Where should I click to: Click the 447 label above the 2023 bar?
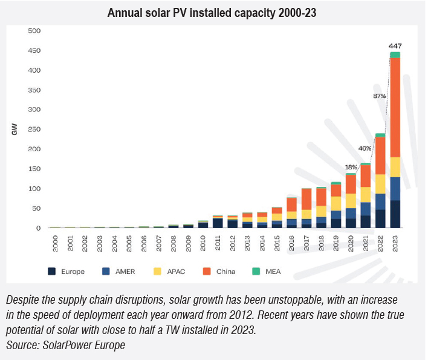coord(395,46)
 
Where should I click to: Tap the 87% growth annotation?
coord(380,96)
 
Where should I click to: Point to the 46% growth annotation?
coord(365,148)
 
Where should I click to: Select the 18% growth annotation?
coord(351,166)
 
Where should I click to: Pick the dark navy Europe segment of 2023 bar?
coord(395,214)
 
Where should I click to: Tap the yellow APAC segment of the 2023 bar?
coord(395,167)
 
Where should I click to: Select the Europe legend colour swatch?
coord(53,271)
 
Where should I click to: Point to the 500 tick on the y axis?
coord(34,31)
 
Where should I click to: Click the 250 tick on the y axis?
coord(34,129)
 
